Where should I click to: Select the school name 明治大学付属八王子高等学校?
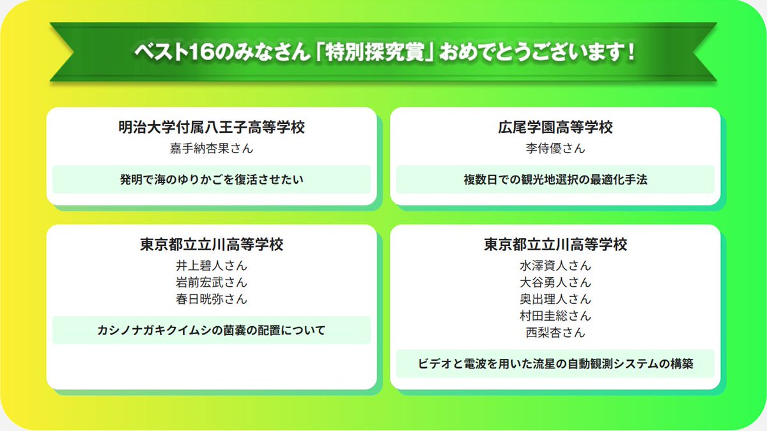pyautogui.click(x=212, y=128)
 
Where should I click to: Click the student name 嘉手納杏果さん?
pyautogui.click(x=212, y=149)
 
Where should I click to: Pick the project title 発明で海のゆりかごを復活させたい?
pyautogui.click(x=212, y=179)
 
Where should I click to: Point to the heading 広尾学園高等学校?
pyautogui.click(x=555, y=128)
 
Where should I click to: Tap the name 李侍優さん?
pyautogui.click(x=555, y=149)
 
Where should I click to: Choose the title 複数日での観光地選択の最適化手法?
pyautogui.click(x=555, y=179)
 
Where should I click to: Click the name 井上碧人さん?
pyautogui.click(x=212, y=266)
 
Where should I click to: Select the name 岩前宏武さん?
pyautogui.click(x=212, y=282)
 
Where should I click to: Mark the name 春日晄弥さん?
pyautogui.click(x=212, y=299)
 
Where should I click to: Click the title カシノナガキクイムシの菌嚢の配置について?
pyautogui.click(x=212, y=330)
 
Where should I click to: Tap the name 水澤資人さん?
pyautogui.click(x=555, y=266)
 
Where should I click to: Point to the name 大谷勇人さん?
pyautogui.click(x=555, y=282)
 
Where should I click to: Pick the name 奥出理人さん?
pyautogui.click(x=555, y=299)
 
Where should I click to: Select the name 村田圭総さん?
pyautogui.click(x=555, y=315)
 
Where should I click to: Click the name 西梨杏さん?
pyautogui.click(x=555, y=332)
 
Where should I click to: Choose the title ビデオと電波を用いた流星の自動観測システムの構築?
pyautogui.click(x=555, y=364)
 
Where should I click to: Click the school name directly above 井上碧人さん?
pyautogui.click(x=212, y=245)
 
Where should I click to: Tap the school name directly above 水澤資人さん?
pyautogui.click(x=555, y=245)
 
